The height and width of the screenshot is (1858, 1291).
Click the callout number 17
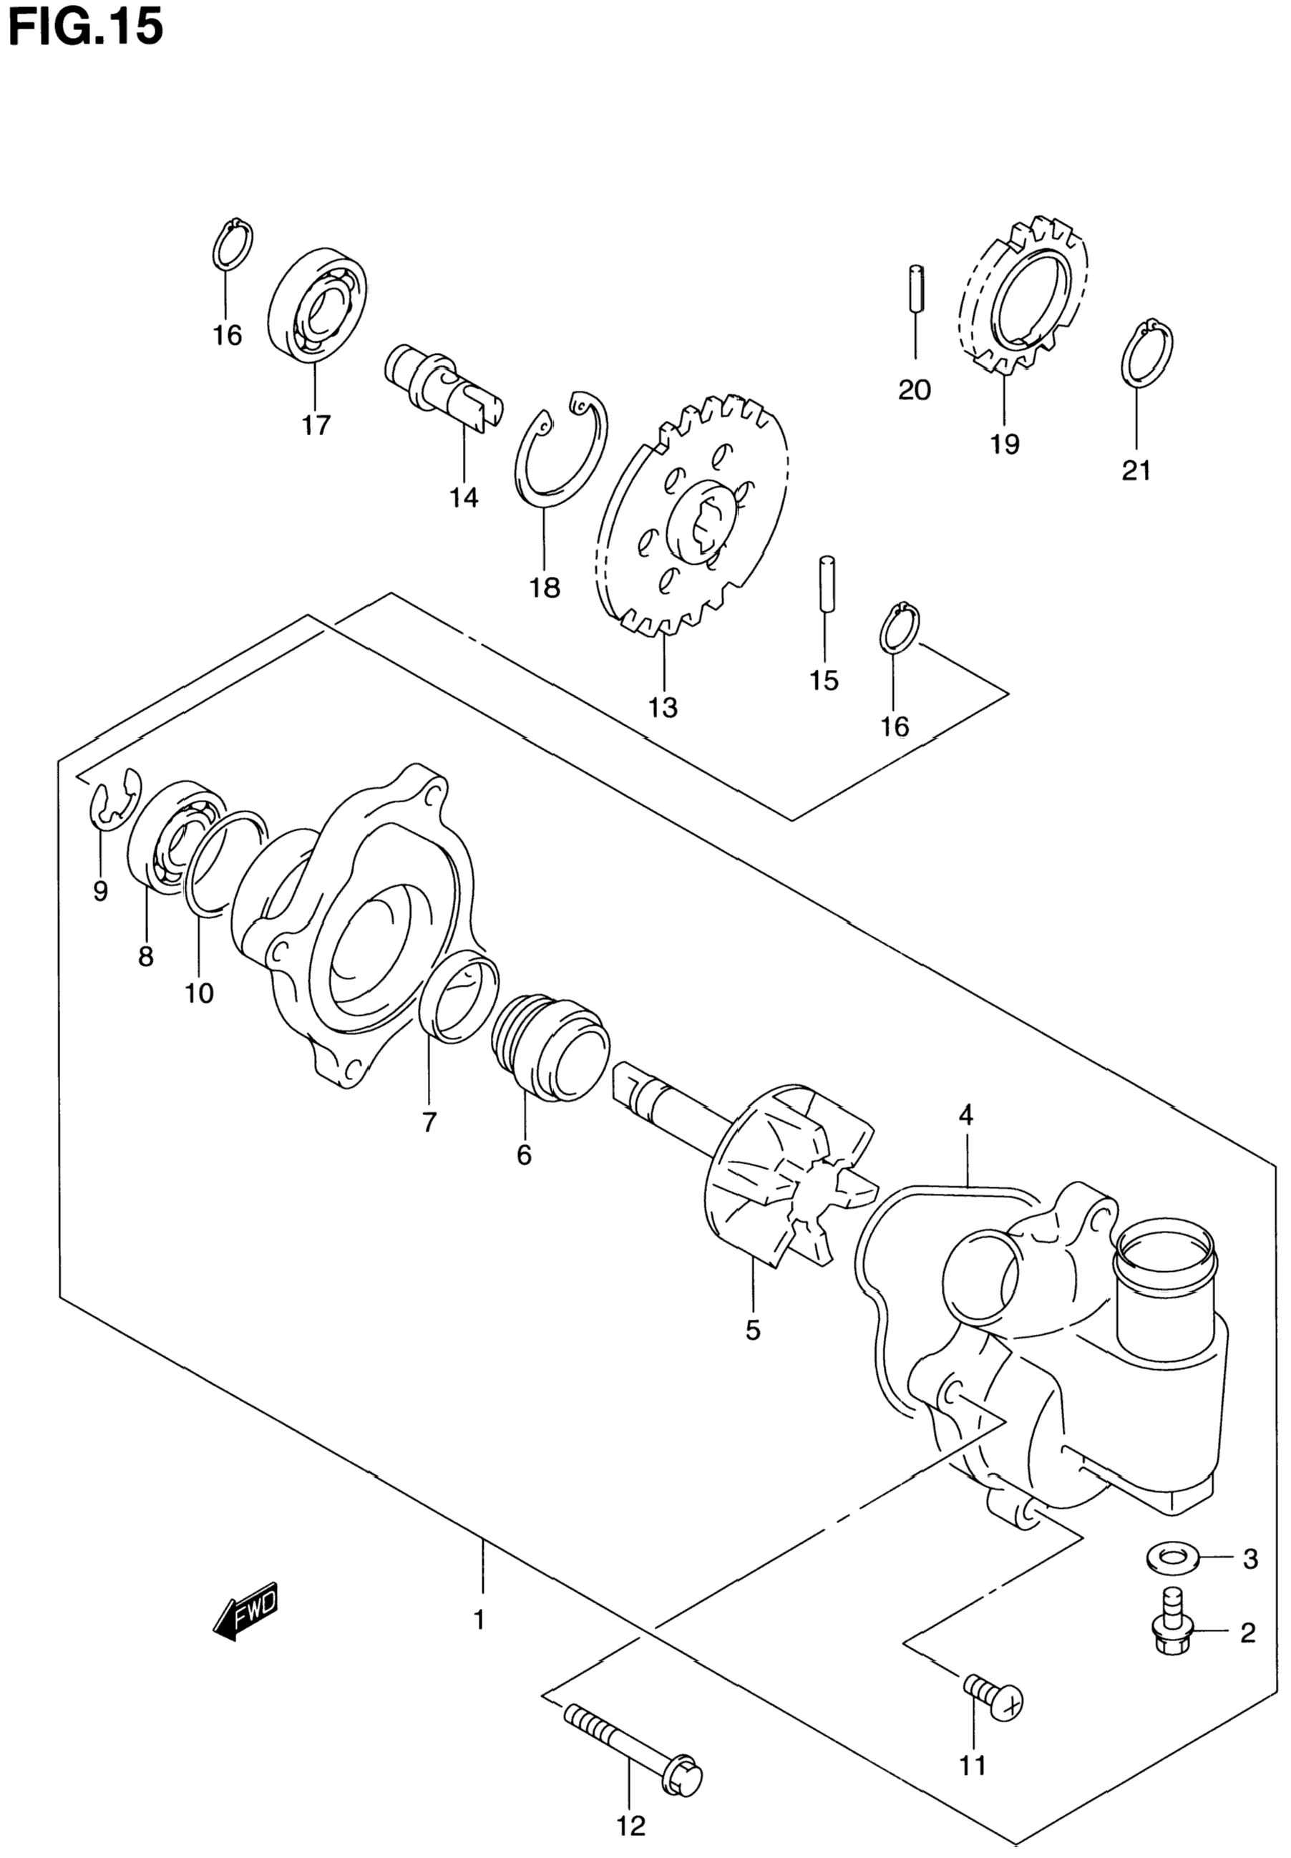pyautogui.click(x=316, y=424)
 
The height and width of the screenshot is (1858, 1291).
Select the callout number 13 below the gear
pyautogui.click(x=663, y=708)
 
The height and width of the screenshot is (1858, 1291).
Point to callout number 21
pyautogui.click(x=1136, y=470)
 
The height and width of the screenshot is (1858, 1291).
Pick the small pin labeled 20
pyautogui.click(x=916, y=288)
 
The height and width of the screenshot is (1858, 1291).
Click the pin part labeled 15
pyautogui.click(x=825, y=585)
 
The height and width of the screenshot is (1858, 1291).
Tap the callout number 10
pyautogui.click(x=199, y=993)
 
